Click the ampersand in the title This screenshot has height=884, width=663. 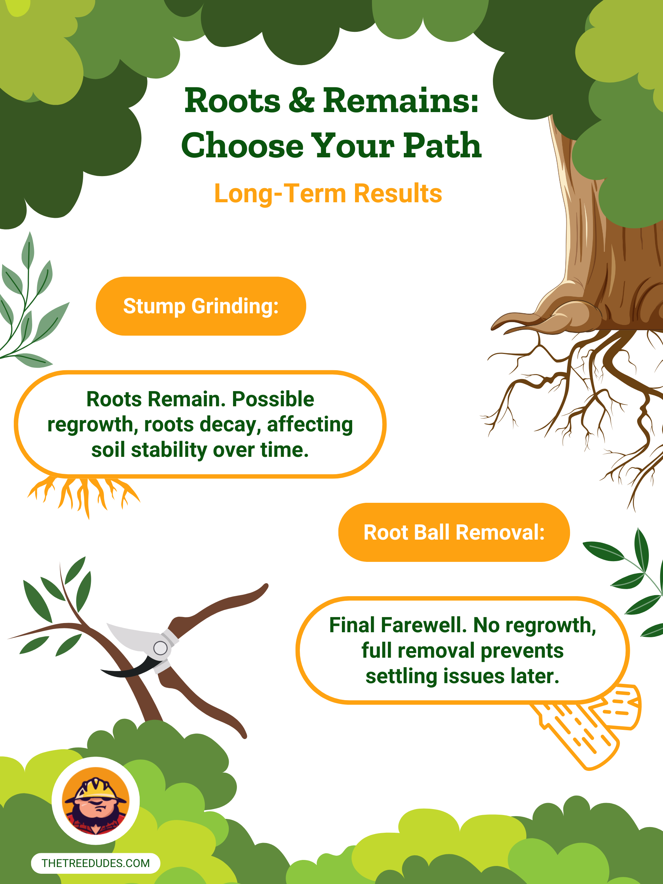pyautogui.click(x=301, y=100)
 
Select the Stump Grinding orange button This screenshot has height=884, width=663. pyautogui.click(x=201, y=306)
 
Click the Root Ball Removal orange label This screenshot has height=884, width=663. pyautogui.click(x=454, y=532)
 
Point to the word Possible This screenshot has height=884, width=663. pyautogui.click(x=273, y=399)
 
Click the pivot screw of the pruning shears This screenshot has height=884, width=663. pyautogui.click(x=160, y=648)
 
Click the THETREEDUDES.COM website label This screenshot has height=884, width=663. pyautogui.click(x=95, y=863)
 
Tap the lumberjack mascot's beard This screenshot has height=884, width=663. pyautogui.click(x=96, y=819)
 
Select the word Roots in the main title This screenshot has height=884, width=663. pyautogui.click(x=233, y=100)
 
